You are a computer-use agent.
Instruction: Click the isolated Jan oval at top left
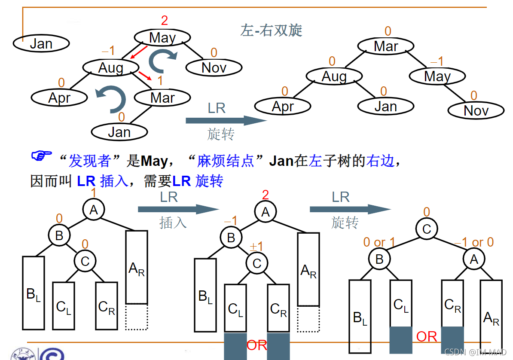(x=41, y=43)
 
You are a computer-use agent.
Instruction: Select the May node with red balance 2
(x=162, y=38)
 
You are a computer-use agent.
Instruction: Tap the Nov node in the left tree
(x=214, y=67)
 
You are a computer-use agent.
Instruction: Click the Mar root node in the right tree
(x=386, y=46)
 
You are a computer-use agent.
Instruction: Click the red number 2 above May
(x=165, y=20)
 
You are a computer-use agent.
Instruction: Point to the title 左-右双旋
(x=271, y=30)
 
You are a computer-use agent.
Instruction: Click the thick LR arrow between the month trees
(x=226, y=121)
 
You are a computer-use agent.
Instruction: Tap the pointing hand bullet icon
(x=41, y=155)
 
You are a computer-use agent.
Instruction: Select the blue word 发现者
(x=90, y=161)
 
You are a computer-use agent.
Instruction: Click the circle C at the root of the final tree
(x=426, y=229)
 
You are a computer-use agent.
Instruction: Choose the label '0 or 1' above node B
(x=379, y=243)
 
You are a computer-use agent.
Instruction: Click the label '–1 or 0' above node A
(x=474, y=243)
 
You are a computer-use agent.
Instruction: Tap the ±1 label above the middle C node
(x=256, y=247)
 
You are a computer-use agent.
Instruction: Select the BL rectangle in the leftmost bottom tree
(x=34, y=293)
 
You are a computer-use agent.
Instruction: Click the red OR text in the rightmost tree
(x=427, y=337)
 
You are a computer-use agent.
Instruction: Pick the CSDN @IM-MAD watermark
(x=476, y=353)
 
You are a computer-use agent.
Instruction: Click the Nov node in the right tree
(x=476, y=111)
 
